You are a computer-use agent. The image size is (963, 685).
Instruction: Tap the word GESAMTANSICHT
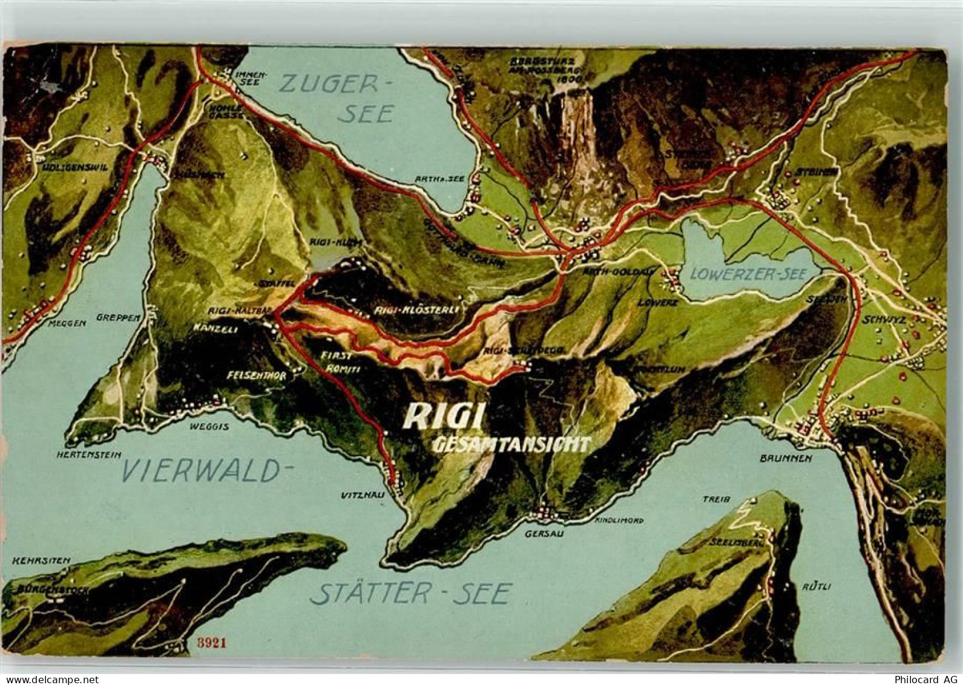click(x=511, y=445)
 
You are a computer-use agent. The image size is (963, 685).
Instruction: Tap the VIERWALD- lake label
click(x=202, y=471)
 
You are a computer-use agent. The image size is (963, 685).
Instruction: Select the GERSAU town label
click(x=541, y=534)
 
